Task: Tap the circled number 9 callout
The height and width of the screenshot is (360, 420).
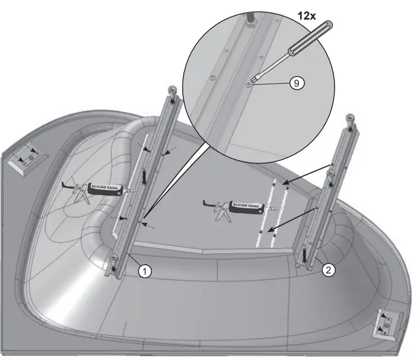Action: point(295,84)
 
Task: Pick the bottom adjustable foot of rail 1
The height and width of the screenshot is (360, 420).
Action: point(113,260)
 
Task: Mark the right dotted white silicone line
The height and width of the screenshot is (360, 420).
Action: point(280,214)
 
